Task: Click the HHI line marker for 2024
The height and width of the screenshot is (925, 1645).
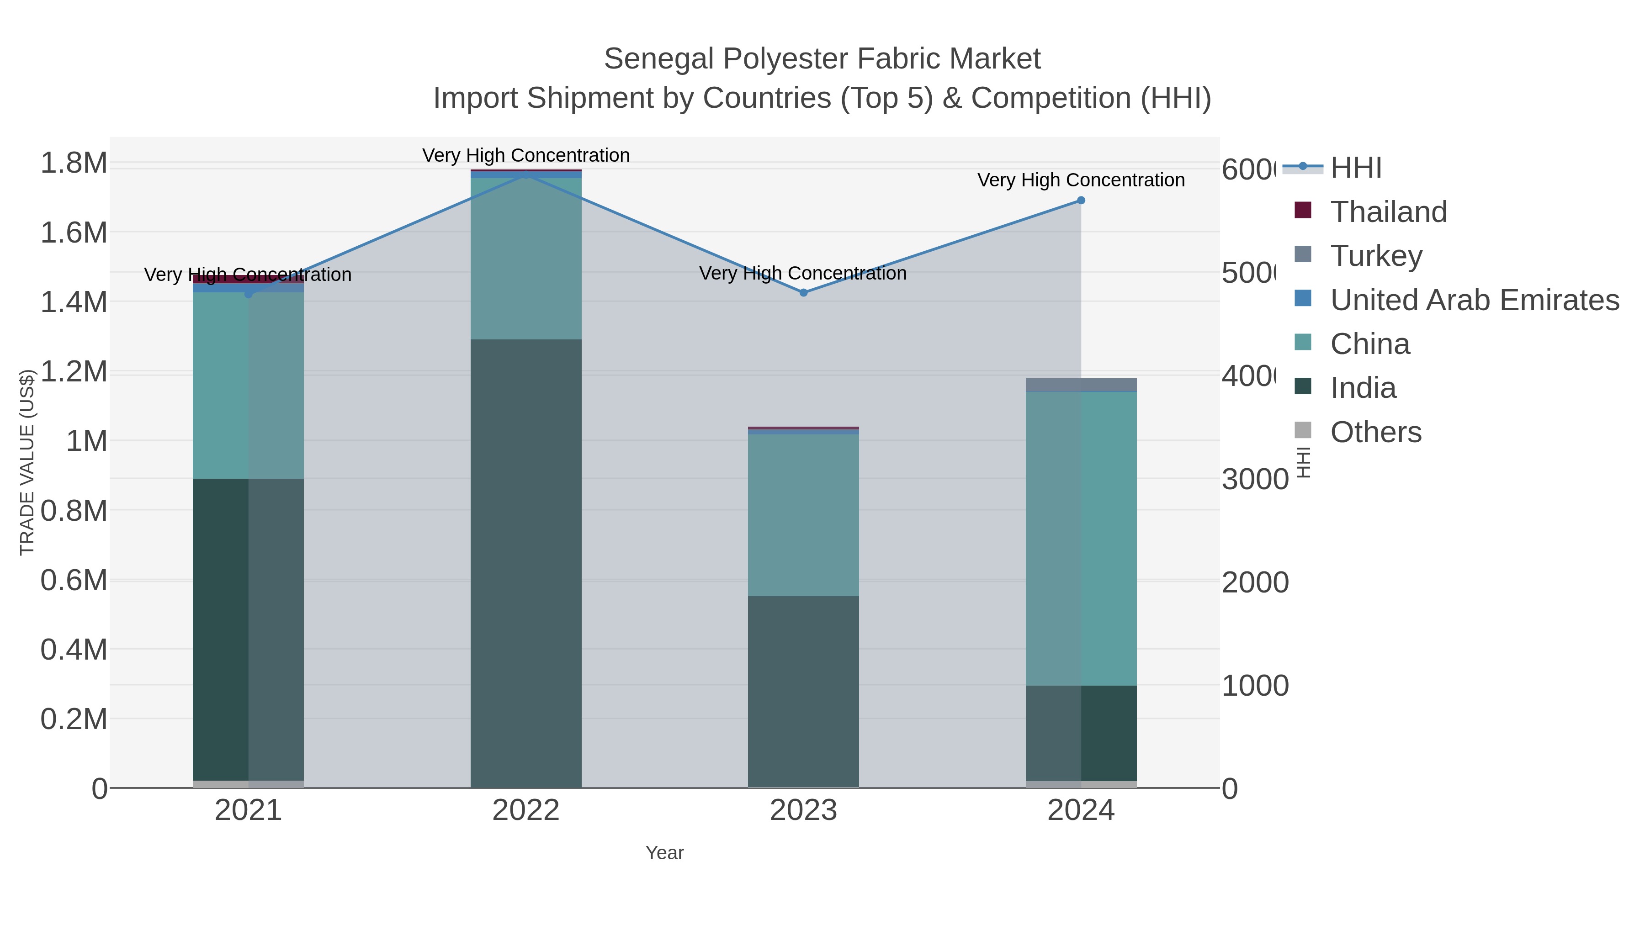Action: pyautogui.click(x=1081, y=201)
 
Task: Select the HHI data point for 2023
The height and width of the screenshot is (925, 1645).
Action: pyautogui.click(x=803, y=292)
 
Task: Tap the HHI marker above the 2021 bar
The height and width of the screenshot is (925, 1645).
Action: pyautogui.click(x=249, y=294)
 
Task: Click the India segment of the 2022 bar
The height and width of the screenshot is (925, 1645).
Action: pyautogui.click(x=525, y=562)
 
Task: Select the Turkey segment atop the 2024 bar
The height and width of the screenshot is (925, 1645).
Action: pyautogui.click(x=1081, y=384)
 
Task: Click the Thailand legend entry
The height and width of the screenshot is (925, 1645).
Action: pyautogui.click(x=1388, y=212)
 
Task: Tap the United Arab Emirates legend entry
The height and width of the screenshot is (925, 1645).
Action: pyautogui.click(x=1474, y=300)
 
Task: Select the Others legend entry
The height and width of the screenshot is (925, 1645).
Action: pyautogui.click(x=1375, y=432)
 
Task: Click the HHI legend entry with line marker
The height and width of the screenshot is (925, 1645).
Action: pyautogui.click(x=1355, y=168)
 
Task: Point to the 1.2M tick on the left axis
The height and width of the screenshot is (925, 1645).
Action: pyautogui.click(x=74, y=371)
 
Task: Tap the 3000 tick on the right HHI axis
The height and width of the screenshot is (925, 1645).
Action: pyautogui.click(x=1255, y=480)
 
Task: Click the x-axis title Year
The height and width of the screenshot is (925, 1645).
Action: pyautogui.click(x=664, y=853)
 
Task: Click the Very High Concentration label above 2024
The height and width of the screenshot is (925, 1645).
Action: pyautogui.click(x=1081, y=180)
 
